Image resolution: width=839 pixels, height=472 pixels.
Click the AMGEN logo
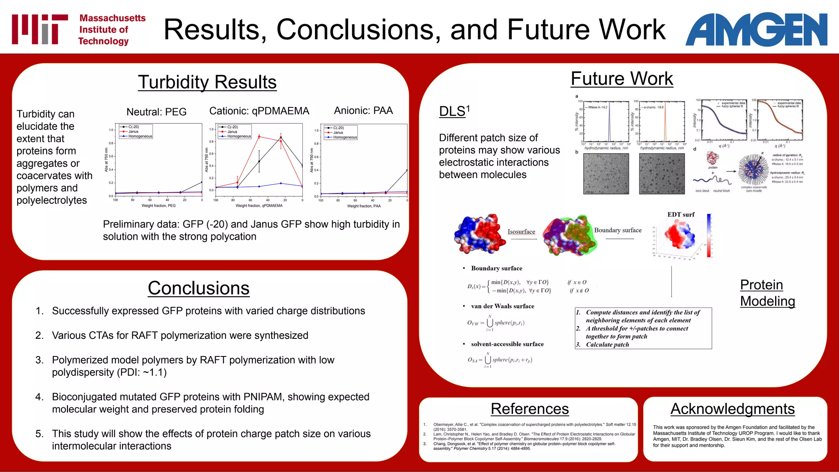(x=756, y=29)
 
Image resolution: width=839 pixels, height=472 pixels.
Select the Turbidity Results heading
(x=207, y=82)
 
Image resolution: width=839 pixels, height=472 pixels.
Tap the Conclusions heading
(x=198, y=288)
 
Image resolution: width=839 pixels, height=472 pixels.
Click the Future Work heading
(x=621, y=79)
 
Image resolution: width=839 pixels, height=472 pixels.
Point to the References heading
(x=530, y=409)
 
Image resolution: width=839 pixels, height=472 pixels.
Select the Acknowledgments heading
(x=732, y=409)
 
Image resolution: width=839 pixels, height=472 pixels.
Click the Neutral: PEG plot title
(x=156, y=112)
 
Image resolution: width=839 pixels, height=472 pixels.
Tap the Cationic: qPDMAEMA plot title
(x=259, y=111)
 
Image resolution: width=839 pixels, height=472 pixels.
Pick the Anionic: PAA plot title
(x=363, y=111)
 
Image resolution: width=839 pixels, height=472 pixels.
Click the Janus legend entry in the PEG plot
(x=133, y=132)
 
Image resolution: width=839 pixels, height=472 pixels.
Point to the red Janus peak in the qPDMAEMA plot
(x=259, y=136)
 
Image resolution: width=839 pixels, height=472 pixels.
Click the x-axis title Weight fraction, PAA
(x=364, y=206)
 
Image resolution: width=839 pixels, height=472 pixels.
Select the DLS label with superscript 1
(x=454, y=111)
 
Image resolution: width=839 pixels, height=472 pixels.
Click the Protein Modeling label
(x=767, y=293)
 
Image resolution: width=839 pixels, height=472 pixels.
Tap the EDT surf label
(x=681, y=214)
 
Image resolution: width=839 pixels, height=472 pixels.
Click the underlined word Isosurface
(x=521, y=231)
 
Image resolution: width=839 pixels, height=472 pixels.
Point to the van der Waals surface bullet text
(x=502, y=306)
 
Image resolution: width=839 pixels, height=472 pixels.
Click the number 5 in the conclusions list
(x=39, y=434)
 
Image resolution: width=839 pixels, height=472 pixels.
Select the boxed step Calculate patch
(x=607, y=345)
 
